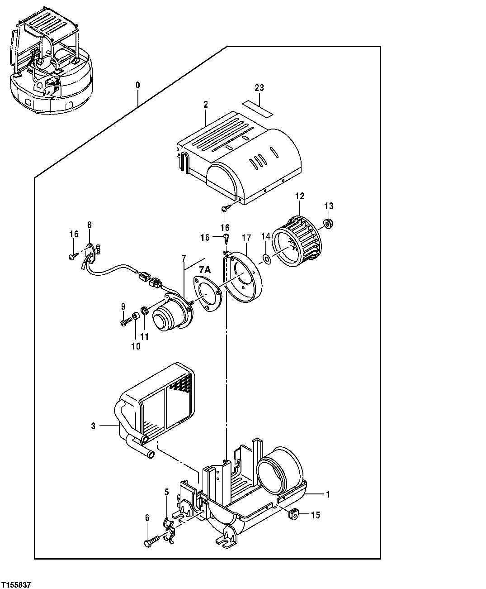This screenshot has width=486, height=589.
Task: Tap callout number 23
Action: [x=259, y=88]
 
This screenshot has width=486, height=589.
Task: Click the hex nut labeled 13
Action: [x=329, y=223]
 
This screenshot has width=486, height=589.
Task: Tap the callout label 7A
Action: [x=205, y=270]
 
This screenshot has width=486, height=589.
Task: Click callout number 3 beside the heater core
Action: [x=93, y=426]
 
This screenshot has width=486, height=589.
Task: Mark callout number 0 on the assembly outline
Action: [x=138, y=85]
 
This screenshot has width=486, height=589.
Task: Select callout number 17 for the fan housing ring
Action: [x=246, y=237]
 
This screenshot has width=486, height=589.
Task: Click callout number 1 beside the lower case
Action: [x=328, y=494]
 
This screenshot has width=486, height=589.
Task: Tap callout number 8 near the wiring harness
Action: [x=89, y=224]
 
